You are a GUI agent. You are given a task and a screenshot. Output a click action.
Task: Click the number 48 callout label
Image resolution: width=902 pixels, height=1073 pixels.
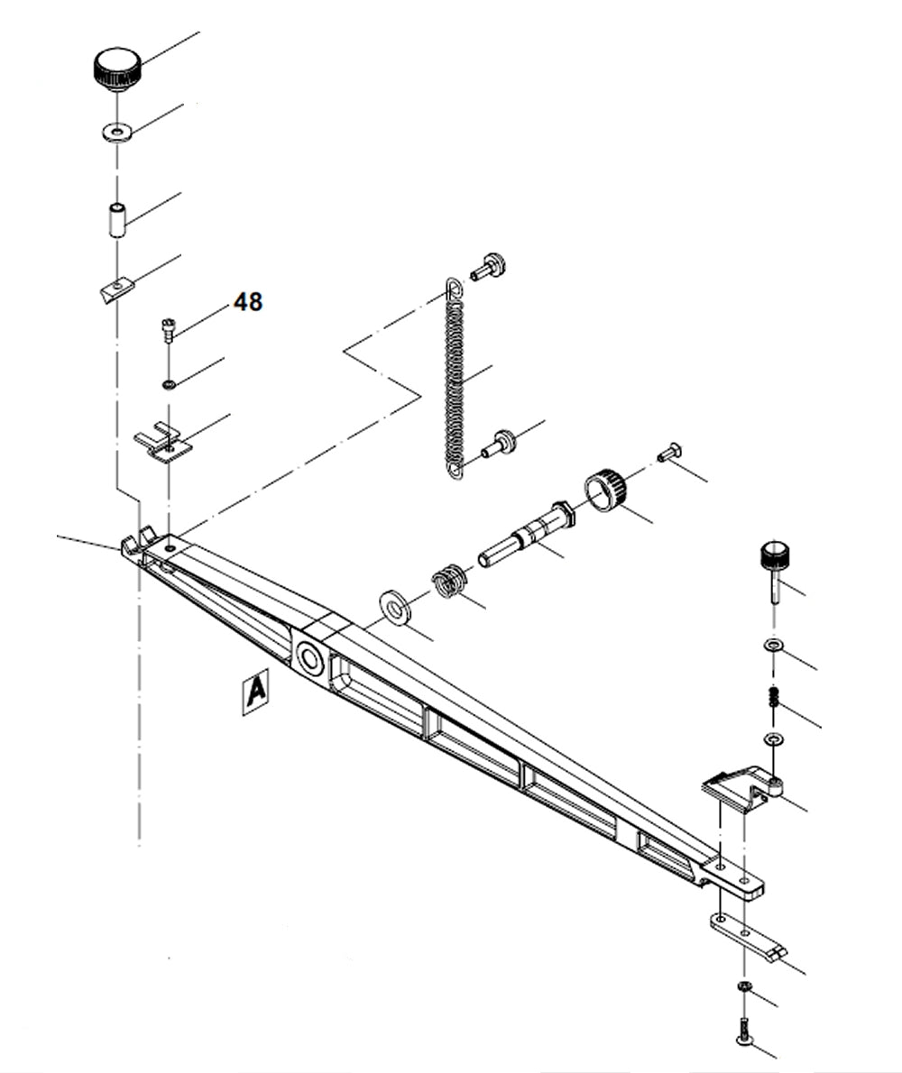[248, 302]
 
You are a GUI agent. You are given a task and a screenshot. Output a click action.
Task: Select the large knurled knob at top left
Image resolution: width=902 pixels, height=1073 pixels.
[116, 70]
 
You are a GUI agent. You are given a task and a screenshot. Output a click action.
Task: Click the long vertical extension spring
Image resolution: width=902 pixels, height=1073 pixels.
[455, 379]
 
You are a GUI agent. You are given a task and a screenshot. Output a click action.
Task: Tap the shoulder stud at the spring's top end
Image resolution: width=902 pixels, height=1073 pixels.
[490, 266]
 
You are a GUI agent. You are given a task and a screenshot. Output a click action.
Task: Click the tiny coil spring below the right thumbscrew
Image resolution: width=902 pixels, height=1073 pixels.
[773, 697]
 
